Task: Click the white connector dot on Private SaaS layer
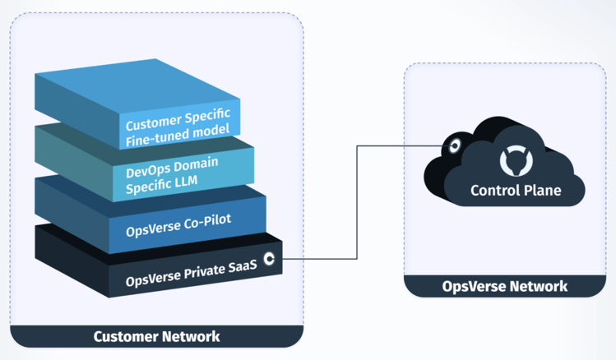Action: click(269, 259)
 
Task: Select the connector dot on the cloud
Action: click(455, 146)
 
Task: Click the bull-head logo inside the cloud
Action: click(516, 160)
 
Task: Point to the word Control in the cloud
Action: click(492, 191)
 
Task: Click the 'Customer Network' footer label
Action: click(157, 336)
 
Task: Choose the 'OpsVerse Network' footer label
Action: click(505, 286)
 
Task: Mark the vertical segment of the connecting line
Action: click(357, 202)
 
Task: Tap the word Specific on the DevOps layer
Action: click(148, 186)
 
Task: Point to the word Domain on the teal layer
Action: click(195, 164)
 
